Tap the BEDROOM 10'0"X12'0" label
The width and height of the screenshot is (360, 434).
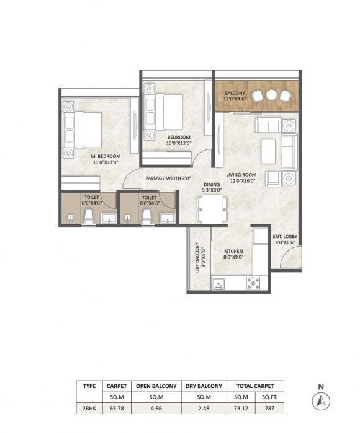coord(178,140)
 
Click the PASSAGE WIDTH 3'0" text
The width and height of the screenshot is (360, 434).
coord(167,178)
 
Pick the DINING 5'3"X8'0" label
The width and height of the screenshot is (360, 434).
coord(212,188)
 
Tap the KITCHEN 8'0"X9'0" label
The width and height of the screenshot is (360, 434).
coord(233,254)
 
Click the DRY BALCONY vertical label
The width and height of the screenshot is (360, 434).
coord(199,258)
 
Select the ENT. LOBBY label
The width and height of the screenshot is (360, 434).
coord(285,239)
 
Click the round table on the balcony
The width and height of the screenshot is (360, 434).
coord(271,95)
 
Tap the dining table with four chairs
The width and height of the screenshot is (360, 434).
coord(211,209)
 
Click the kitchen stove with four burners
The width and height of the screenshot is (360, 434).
coord(253,283)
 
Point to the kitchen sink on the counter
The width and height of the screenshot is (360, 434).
coord(218,285)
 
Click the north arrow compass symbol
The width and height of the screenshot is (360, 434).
coord(321,401)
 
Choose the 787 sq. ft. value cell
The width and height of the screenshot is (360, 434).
coord(269,407)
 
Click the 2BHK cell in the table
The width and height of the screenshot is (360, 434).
coord(89,407)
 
